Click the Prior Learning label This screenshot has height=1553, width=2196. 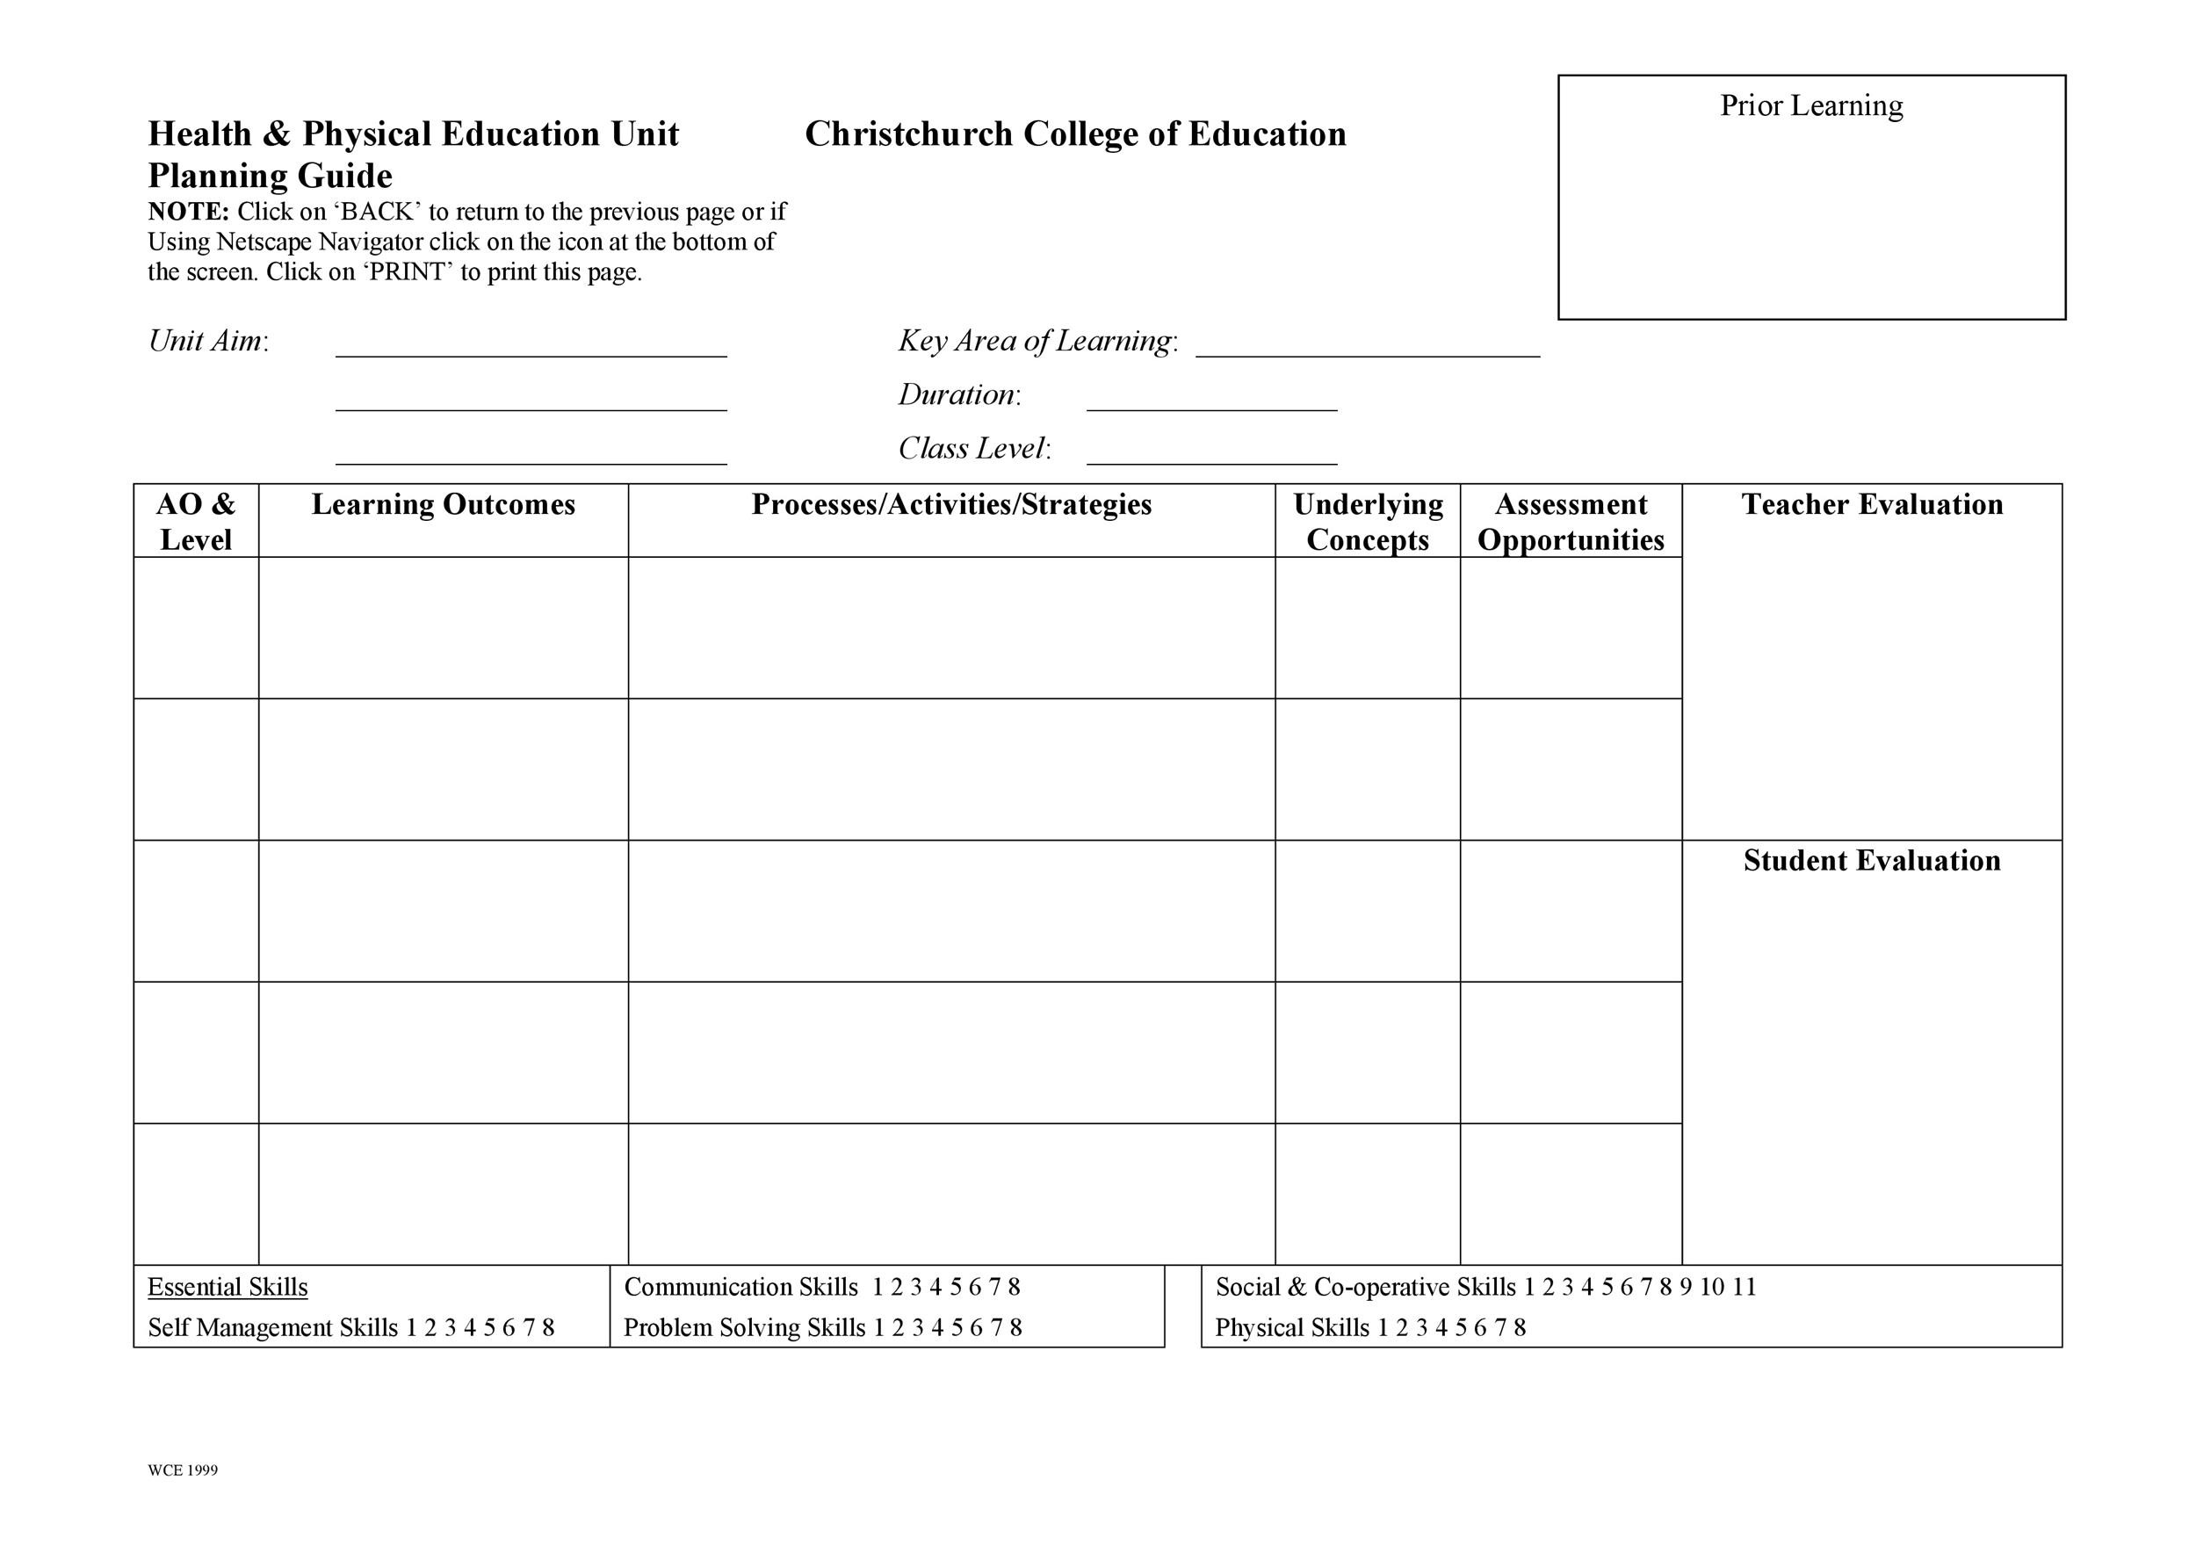(x=1810, y=105)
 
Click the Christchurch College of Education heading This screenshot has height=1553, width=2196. (x=1075, y=134)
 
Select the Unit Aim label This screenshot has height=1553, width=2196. (x=207, y=341)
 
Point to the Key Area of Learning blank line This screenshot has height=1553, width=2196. (x=1367, y=353)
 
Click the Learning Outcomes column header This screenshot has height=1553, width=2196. (x=443, y=504)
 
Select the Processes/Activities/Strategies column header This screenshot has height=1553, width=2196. (x=950, y=504)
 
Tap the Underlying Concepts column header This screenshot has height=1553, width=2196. (x=1367, y=521)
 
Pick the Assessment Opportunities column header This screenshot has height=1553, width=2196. (x=1571, y=521)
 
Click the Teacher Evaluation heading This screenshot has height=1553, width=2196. (x=1872, y=504)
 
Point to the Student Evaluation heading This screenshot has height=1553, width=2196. (x=1872, y=860)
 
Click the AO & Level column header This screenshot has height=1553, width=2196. (x=196, y=521)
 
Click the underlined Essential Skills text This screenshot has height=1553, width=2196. (x=228, y=1287)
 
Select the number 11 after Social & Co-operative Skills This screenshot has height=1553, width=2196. (x=1744, y=1287)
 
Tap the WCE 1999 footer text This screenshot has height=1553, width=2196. (x=183, y=1470)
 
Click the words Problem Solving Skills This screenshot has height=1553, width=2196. (x=744, y=1327)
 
